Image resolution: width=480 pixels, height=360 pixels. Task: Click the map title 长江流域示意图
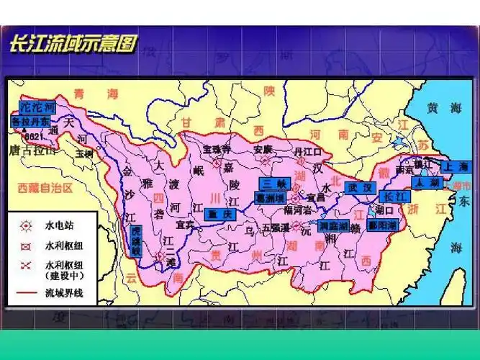[72, 42]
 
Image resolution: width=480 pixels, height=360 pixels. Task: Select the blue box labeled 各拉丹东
[32, 122]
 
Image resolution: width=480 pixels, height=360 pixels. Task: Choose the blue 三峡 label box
[274, 183]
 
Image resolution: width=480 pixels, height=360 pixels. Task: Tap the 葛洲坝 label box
[271, 197]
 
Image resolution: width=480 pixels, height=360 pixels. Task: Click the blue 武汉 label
[360, 187]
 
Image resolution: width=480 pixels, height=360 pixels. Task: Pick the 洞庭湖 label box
[334, 225]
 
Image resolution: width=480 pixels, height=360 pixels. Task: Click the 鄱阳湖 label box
[382, 225]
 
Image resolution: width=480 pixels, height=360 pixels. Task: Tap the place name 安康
[263, 149]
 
